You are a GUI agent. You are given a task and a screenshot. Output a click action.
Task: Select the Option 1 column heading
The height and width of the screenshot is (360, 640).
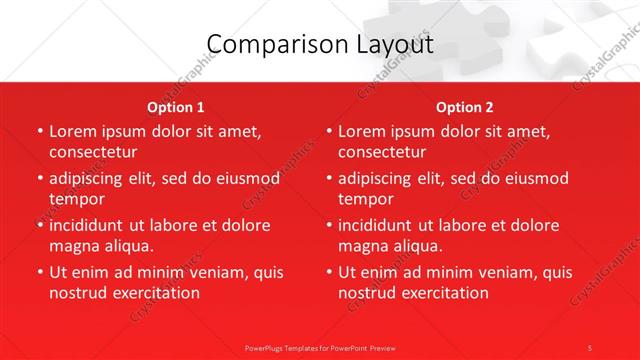tap(176, 107)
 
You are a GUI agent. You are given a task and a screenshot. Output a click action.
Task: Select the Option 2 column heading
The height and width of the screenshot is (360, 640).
tap(465, 107)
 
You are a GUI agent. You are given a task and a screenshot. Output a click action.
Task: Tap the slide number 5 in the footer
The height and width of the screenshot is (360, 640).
tap(589, 347)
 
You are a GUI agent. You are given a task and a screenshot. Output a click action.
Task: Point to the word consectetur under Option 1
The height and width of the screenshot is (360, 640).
tap(93, 152)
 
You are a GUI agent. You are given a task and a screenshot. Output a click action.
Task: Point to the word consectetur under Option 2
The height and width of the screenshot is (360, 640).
tap(382, 152)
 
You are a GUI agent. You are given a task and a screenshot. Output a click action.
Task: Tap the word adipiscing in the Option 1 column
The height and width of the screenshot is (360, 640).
tap(91, 179)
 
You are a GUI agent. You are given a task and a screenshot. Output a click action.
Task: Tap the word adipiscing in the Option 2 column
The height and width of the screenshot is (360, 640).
tap(380, 179)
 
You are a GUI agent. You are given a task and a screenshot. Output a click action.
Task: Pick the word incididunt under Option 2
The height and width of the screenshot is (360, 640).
tap(382, 225)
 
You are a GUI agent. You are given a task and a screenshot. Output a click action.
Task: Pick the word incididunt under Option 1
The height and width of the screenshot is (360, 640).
tap(93, 225)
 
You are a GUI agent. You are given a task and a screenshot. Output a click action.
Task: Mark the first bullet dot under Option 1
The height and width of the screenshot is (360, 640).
tap(40, 132)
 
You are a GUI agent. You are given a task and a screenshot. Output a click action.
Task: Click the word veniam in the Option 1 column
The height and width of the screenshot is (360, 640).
tap(211, 272)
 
